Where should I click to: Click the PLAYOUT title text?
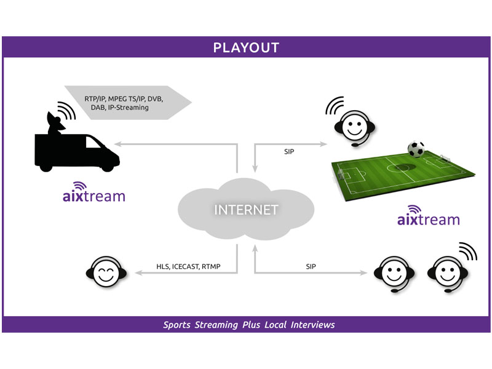(246, 48)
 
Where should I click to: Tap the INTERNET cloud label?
(246, 210)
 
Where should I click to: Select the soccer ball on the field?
(416, 149)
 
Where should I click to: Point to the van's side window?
(93, 142)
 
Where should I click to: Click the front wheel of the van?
(107, 167)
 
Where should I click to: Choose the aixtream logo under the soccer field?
(429, 216)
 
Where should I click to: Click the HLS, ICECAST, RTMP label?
(188, 266)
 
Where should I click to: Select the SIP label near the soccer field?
(289, 151)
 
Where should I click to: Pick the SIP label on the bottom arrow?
(311, 266)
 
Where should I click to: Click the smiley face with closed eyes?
(106, 272)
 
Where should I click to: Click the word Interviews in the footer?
(312, 325)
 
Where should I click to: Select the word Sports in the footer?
(177, 325)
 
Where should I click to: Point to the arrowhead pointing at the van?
(117, 144)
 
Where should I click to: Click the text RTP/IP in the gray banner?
(95, 99)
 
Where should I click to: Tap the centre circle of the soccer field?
(399, 167)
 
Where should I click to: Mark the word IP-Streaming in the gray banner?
(129, 108)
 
